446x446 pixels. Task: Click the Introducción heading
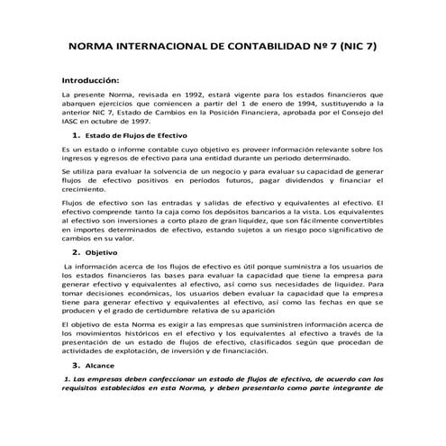coord(90,79)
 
